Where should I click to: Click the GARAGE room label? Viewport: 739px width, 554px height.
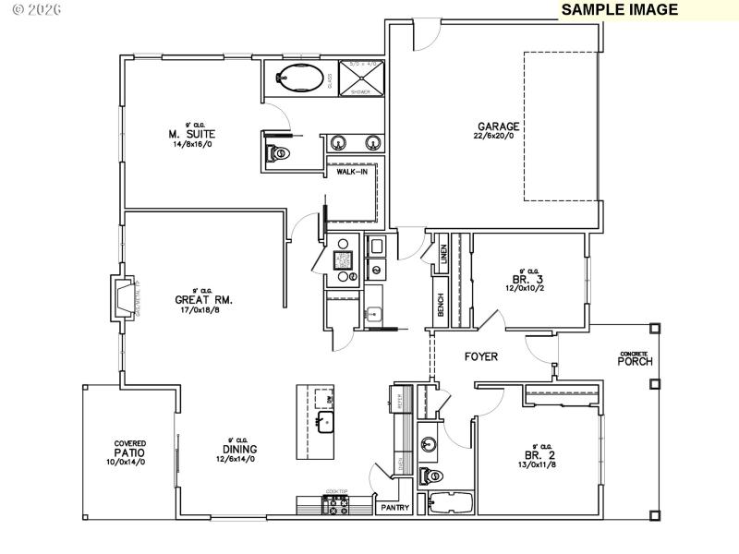(498, 126)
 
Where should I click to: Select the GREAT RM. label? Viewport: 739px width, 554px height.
(203, 299)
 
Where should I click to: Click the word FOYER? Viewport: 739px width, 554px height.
(481, 355)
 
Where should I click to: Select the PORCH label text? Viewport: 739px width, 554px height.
(636, 361)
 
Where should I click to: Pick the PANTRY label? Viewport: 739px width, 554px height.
(395, 507)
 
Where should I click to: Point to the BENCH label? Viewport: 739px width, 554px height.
(441, 306)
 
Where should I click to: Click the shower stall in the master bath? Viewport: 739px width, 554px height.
(359, 78)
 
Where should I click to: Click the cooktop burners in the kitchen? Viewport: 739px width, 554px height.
(334, 505)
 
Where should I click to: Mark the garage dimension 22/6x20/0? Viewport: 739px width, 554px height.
(498, 138)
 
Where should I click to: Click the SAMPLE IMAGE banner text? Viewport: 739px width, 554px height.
(620, 10)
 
